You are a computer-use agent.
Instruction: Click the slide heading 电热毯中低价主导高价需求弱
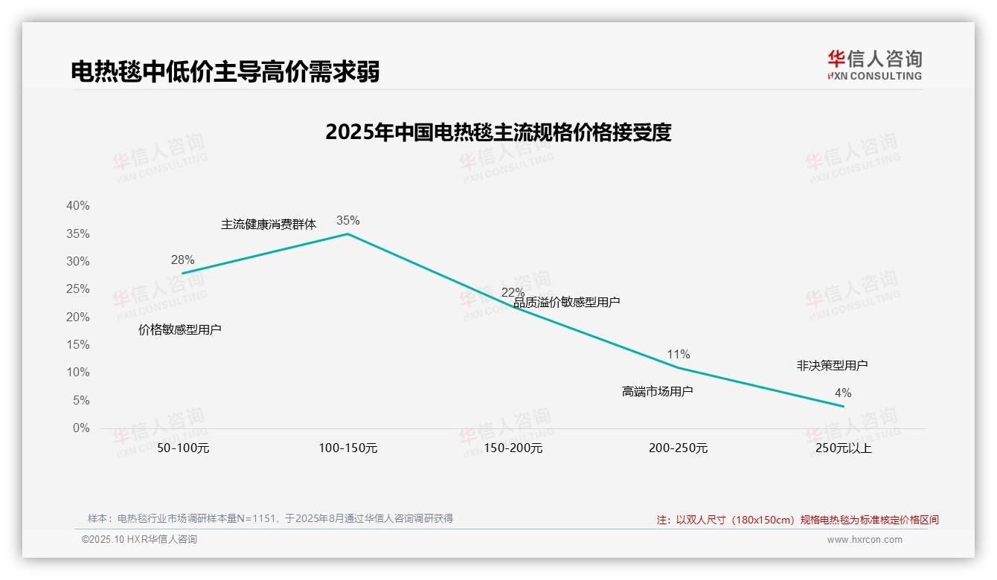(225, 72)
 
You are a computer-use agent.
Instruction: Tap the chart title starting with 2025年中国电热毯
(498, 132)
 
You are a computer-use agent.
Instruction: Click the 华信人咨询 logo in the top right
(874, 65)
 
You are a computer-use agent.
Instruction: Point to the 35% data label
(347, 220)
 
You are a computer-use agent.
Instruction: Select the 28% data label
(182, 260)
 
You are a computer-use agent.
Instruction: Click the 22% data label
(513, 292)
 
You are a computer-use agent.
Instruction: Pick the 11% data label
(679, 354)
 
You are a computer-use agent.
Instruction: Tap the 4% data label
(842, 393)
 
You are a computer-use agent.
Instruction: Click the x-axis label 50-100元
(183, 448)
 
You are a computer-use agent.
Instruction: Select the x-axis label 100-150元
(348, 448)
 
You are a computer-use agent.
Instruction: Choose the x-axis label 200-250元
(678, 448)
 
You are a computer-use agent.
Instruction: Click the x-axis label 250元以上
(843, 448)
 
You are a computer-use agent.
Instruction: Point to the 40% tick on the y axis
(77, 206)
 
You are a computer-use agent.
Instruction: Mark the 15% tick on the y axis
(77, 345)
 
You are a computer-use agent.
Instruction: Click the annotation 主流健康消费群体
(269, 225)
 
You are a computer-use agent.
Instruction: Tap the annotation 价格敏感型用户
(180, 329)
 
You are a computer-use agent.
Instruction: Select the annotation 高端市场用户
(657, 391)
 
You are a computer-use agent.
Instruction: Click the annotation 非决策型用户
(832, 366)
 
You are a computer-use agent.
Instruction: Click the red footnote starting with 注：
(798, 520)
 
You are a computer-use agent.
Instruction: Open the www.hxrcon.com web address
(865, 540)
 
